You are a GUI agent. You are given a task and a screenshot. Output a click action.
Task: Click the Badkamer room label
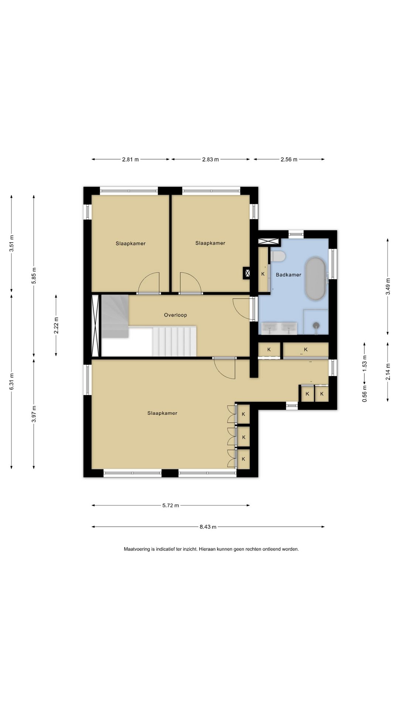pos(289,275)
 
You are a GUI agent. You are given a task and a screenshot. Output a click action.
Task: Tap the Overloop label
pos(175,315)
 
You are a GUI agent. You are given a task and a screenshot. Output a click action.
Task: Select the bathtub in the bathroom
pos(316,278)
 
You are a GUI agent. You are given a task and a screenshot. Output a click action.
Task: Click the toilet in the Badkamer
pos(278,256)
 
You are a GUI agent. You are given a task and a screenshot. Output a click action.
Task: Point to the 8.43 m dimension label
pos(208,527)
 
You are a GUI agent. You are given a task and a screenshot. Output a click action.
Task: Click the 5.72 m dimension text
pos(171,506)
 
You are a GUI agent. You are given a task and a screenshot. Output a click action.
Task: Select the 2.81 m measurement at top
pos(130,160)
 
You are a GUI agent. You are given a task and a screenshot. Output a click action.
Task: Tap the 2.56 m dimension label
pos(289,160)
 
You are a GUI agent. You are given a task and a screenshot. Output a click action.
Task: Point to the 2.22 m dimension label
pos(56,325)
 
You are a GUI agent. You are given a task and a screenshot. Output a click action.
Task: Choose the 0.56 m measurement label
pos(365,394)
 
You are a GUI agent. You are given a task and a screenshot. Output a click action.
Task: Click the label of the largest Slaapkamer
pos(162,413)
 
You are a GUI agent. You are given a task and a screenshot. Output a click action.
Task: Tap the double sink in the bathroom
pos(279,328)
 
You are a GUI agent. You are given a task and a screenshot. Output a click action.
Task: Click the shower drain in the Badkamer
pos(316,326)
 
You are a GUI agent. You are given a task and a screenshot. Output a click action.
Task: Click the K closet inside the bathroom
pos(263,274)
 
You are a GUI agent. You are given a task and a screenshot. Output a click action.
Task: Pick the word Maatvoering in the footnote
pos(137,549)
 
